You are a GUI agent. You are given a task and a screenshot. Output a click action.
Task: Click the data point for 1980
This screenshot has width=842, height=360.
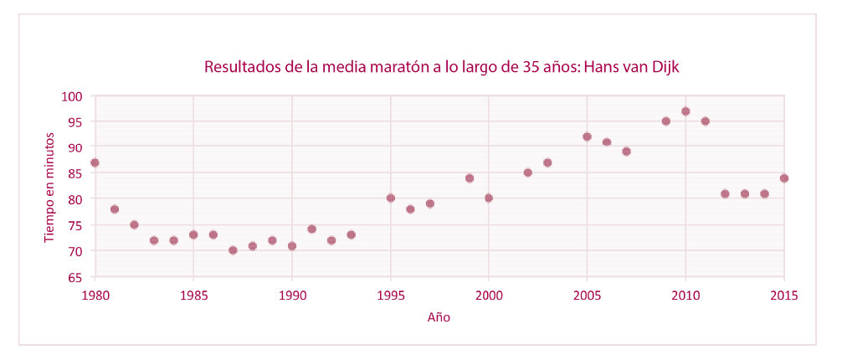95,162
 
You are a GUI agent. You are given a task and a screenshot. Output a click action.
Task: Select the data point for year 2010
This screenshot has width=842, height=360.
685,111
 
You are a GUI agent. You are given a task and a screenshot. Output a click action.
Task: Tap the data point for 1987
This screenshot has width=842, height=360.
233,249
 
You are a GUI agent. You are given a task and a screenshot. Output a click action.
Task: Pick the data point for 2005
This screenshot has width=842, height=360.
587,136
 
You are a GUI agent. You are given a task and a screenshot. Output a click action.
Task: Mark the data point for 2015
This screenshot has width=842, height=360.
784,177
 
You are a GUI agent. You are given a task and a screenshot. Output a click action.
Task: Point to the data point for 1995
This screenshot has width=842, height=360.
390,198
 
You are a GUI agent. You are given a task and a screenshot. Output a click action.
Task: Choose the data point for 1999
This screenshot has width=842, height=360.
469,177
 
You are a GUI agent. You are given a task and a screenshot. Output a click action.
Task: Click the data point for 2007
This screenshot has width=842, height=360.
626,152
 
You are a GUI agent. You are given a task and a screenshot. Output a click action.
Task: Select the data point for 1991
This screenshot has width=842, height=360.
311,229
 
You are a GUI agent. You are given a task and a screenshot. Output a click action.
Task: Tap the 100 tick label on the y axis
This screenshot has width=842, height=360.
73,96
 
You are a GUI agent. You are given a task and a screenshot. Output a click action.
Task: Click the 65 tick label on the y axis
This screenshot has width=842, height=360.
76,277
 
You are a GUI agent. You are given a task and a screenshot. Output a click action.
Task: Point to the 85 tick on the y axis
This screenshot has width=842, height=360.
76,173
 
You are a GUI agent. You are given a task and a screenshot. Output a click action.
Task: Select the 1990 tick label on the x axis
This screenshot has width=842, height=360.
291,294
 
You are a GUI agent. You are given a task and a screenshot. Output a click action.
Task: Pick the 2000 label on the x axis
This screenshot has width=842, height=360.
489,294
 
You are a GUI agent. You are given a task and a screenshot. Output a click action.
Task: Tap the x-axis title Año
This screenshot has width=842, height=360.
439,317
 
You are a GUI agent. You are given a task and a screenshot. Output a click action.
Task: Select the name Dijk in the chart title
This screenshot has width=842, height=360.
680,67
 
